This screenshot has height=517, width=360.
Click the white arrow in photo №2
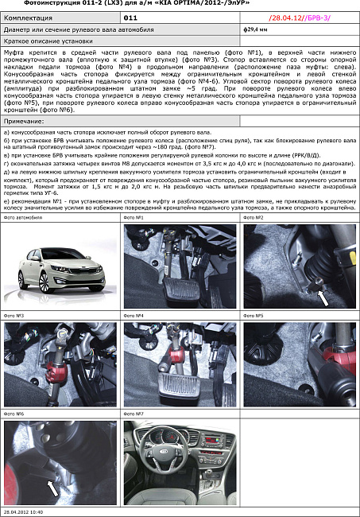click(x=323, y=296)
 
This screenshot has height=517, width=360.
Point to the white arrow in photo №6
click(x=52, y=488)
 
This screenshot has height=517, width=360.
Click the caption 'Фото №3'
click(x=15, y=316)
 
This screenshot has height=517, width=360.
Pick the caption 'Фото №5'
click(x=254, y=316)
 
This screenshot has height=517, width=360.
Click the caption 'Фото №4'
click(x=134, y=316)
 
